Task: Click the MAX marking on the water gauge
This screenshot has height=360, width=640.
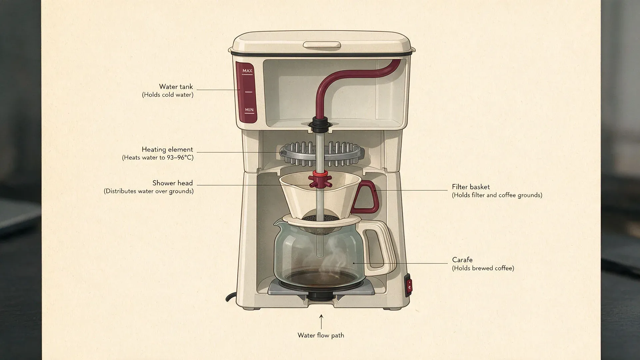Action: pos(247,71)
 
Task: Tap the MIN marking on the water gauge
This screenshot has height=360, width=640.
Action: pos(249,110)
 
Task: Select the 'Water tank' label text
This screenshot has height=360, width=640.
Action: pos(176,87)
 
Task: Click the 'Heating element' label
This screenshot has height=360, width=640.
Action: pos(167,150)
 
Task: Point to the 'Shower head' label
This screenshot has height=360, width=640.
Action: pos(173,183)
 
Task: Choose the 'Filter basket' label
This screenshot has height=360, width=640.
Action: pos(471,187)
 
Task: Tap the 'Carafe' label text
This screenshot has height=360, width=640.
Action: pos(462,260)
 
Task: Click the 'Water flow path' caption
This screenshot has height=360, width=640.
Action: pos(321,335)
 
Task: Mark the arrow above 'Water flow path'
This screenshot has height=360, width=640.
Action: pos(321,322)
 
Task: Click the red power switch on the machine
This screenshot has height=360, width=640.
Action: pos(408,285)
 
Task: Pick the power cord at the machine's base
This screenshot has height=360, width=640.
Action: pos(231,298)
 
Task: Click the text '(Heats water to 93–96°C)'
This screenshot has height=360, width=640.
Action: pos(158,158)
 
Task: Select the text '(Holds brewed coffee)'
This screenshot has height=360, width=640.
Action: pos(483,268)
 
